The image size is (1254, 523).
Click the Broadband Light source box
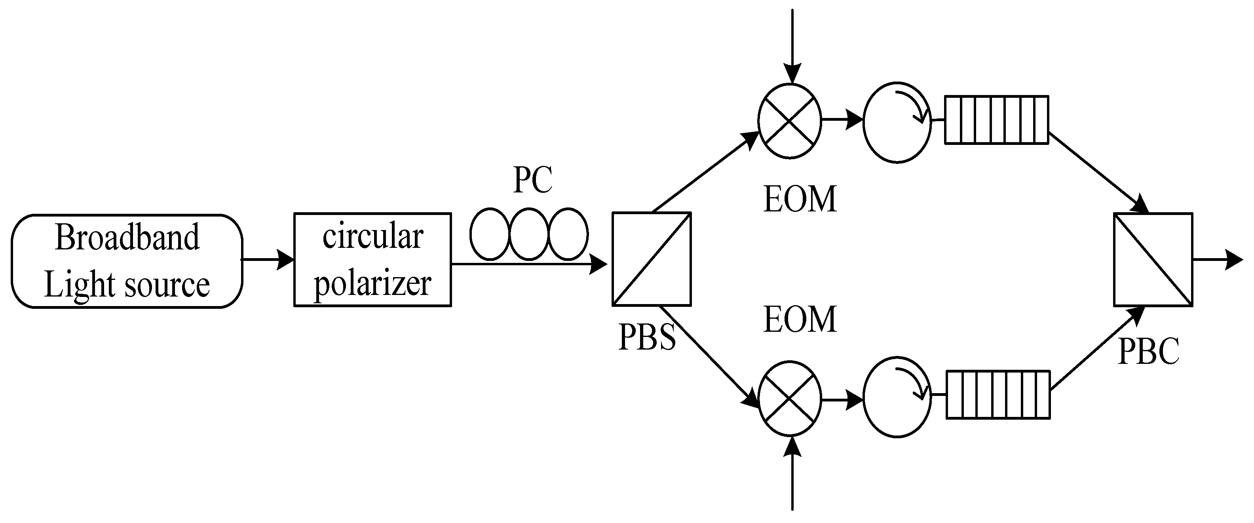coord(127,261)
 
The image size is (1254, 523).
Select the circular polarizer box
coord(372,260)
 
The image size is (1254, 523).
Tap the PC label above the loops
coord(532,180)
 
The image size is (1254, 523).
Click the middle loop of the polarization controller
coord(529,234)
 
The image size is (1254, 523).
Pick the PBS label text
coord(647,337)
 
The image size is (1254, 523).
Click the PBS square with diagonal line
coord(651,259)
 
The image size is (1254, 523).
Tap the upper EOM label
coord(800,199)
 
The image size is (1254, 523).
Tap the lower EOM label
coord(800,320)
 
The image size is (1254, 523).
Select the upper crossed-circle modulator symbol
coord(790,120)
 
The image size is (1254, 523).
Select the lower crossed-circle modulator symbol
coord(790,398)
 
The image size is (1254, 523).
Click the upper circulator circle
coord(897,122)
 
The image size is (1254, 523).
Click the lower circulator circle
coord(897,398)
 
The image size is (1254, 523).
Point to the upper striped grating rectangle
coord(996,120)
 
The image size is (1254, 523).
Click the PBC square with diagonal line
coord(1153,260)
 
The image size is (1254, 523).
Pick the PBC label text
coord(1149,351)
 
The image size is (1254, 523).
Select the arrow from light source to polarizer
coord(268,260)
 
